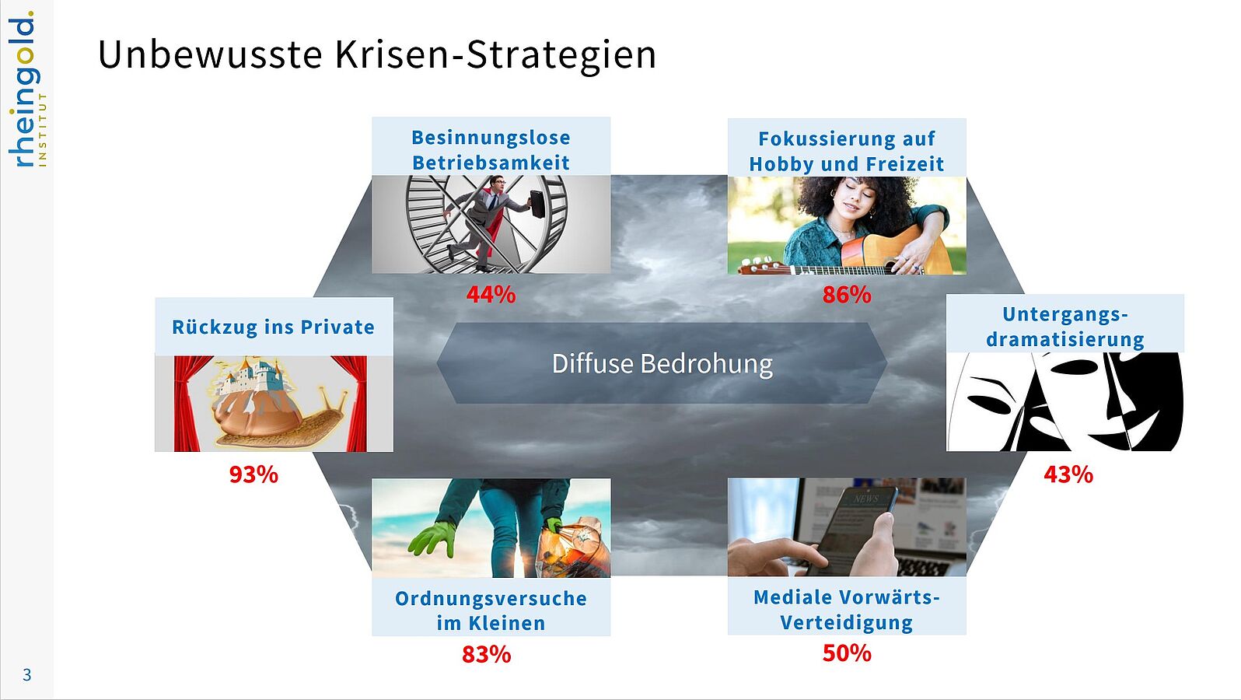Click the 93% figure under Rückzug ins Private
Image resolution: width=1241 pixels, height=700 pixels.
[253, 475]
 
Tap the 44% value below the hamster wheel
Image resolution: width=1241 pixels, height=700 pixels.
[491, 295]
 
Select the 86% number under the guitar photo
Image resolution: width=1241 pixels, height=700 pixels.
[847, 295]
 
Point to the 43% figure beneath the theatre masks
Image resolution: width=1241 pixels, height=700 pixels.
[1068, 475]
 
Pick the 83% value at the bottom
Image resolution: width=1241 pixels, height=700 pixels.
[487, 655]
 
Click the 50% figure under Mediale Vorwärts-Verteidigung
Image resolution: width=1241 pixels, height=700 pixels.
[847, 653]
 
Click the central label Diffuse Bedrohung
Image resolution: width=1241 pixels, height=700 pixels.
[662, 364]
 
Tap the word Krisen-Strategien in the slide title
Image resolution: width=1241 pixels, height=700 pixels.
[495, 55]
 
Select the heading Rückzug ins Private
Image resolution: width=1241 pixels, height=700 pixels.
[273, 327]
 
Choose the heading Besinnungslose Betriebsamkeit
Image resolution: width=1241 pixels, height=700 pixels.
[491, 149]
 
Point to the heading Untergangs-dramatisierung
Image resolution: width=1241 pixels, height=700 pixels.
[1064, 327]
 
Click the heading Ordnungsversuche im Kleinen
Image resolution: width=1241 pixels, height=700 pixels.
[491, 611]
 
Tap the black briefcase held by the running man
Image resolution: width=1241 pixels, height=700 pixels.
[537, 204]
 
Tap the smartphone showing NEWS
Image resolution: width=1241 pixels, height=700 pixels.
[852, 530]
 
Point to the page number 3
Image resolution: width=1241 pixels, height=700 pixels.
[26, 675]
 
